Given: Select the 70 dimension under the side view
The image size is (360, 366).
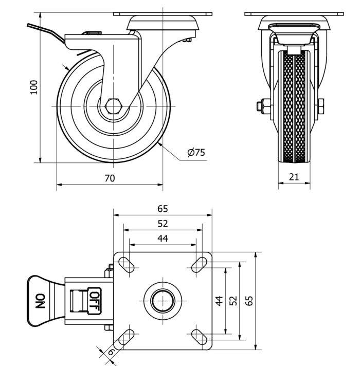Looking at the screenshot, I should pyautogui.click(x=110, y=178).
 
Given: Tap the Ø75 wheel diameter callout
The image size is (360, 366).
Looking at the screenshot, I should pyautogui.click(x=196, y=152).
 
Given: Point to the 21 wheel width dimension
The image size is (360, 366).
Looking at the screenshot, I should pyautogui.click(x=294, y=177).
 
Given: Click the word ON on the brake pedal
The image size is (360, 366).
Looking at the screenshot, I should pyautogui.click(x=40, y=301).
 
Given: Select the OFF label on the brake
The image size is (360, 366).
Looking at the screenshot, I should pyautogui.click(x=95, y=297).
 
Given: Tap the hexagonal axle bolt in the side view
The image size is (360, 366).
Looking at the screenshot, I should pyautogui.click(x=113, y=106).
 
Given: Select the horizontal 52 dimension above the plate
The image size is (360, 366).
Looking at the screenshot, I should pyautogui.click(x=163, y=224).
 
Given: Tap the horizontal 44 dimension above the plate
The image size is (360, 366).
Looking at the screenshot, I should pyautogui.click(x=163, y=238).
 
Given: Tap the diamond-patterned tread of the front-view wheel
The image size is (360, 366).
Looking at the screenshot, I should pyautogui.click(x=294, y=108).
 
